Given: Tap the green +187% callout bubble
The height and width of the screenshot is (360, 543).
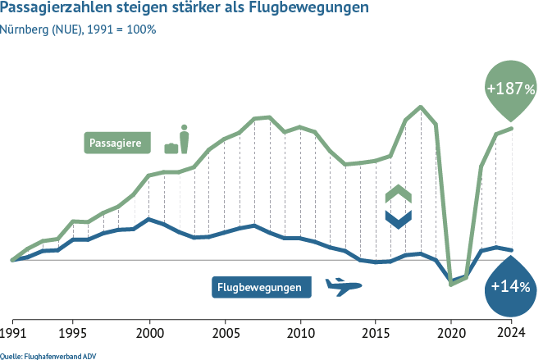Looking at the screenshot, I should [510, 89].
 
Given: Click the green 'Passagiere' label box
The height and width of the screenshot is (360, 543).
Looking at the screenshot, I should [120, 143].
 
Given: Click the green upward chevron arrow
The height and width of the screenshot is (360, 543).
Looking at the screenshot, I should [398, 195].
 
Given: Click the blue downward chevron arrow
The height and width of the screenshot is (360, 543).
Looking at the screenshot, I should [398, 219].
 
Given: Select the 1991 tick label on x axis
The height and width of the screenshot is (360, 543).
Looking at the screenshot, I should [12, 335].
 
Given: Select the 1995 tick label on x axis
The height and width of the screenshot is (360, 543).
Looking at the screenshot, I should [73, 335].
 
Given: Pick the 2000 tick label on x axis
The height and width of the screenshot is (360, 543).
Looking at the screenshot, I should [148, 335].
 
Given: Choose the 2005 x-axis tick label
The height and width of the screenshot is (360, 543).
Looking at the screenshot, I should [224, 335].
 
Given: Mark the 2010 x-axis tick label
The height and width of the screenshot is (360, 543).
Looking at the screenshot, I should [299, 335].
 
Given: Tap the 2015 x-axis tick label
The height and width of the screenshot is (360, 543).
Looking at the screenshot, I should [375, 335].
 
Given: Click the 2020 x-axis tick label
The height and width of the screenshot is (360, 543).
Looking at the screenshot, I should [450, 335].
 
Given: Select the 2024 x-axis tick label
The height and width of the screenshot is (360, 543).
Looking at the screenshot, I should [511, 335].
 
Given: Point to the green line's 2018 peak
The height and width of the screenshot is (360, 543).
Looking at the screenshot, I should [421, 107].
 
